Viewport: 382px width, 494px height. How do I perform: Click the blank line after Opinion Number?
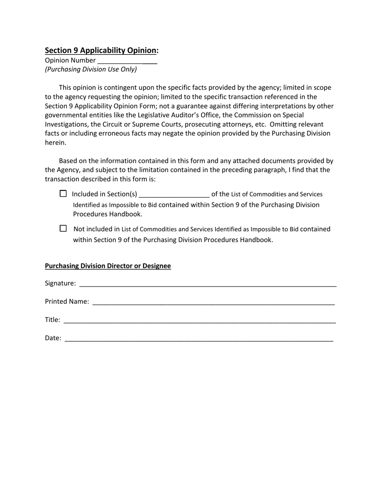pyautogui.click(x=127, y=61)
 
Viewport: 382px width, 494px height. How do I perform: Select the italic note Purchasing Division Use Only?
pyautogui.click(x=91, y=69)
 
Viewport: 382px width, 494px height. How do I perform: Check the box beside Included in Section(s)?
pyautogui.click(x=63, y=194)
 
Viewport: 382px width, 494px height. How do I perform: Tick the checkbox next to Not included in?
pyautogui.click(x=63, y=229)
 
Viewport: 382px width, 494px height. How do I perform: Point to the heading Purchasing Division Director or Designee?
pyautogui.click(x=108, y=266)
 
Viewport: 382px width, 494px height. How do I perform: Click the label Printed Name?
pyautogui.click(x=67, y=301)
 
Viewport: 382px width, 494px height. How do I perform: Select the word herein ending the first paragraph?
pyautogui.click(x=55, y=143)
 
